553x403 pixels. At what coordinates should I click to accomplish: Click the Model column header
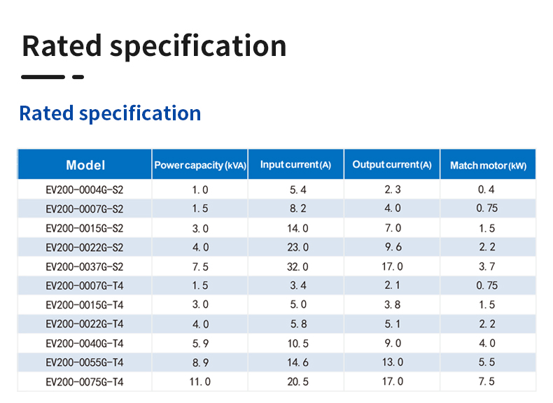[x=85, y=165]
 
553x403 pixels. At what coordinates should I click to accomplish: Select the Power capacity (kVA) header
[x=200, y=166]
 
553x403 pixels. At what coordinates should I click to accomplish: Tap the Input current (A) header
[x=295, y=165]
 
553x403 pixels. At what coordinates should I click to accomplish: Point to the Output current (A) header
[x=392, y=165]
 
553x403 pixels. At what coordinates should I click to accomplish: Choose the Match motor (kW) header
[x=488, y=166]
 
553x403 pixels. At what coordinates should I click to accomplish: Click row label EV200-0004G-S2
[x=84, y=190]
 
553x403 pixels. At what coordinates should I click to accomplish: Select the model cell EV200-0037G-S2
[x=84, y=267]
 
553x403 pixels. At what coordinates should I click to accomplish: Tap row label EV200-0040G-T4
[x=84, y=343]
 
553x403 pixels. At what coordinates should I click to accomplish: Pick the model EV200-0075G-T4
[x=84, y=381]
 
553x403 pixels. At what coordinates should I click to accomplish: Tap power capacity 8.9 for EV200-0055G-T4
[x=200, y=362]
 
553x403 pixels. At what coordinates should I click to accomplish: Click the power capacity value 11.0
[x=199, y=381]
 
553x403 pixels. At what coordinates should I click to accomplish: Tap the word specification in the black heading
[x=198, y=47]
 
